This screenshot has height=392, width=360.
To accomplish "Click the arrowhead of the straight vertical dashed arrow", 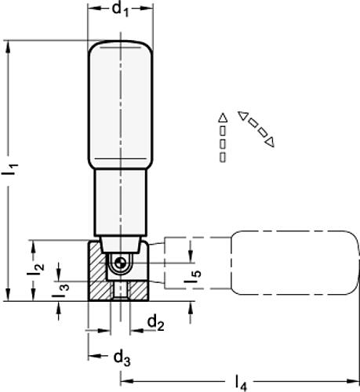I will (223, 118).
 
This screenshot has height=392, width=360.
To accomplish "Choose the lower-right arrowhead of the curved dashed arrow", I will (271, 142).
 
